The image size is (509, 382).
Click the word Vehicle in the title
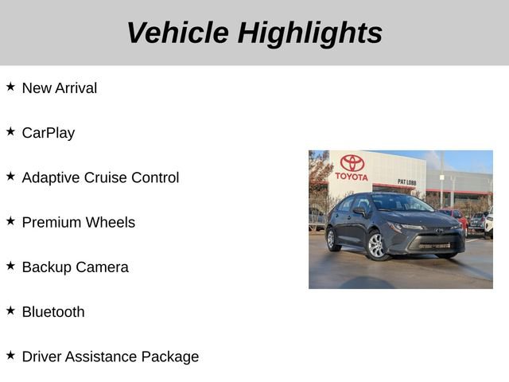coord(177,33)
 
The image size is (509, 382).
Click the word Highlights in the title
coord(309,33)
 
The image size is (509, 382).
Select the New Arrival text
coord(60,88)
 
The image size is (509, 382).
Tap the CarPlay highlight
coord(49,133)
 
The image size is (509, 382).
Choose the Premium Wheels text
coord(79,222)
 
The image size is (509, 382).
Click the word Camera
coord(102,267)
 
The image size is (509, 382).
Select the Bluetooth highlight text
coord(53,312)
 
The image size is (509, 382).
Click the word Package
coord(169,357)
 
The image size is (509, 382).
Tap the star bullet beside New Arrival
coord(10,87)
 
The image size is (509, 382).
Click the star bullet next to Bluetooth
coord(10,310)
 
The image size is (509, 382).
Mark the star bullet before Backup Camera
coord(10,266)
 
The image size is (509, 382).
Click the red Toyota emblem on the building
coord(352,163)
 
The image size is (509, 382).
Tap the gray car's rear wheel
coord(334,239)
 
